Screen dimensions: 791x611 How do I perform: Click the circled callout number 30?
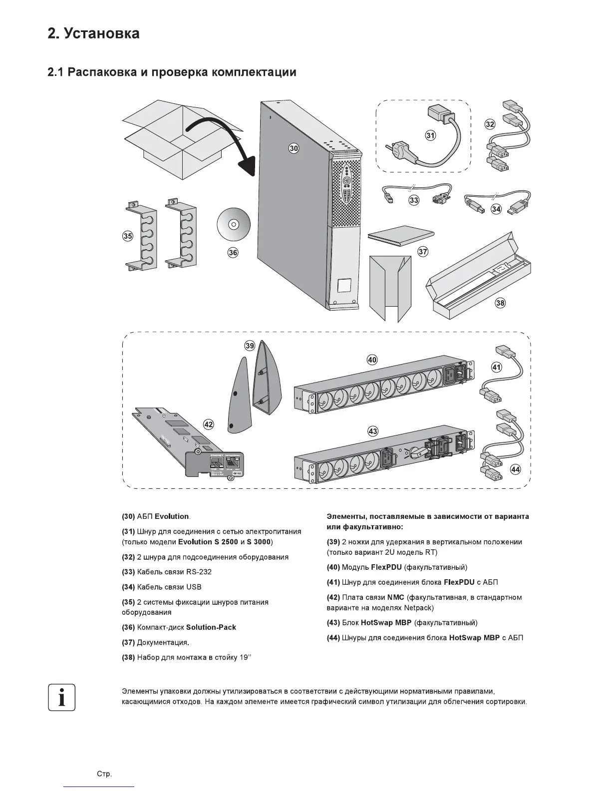click(x=294, y=148)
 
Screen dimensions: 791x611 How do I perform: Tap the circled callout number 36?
click(x=233, y=253)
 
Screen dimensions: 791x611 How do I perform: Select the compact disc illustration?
click(x=233, y=225)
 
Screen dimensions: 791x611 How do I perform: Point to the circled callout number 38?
click(x=500, y=303)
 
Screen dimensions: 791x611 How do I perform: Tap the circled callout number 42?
click(x=208, y=424)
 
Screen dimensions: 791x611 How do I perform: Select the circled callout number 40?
click(x=372, y=360)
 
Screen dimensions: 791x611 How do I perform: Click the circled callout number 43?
click(x=372, y=431)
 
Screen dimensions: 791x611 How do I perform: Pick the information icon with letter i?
click(x=62, y=697)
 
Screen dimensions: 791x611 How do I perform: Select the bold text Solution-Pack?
click(x=211, y=627)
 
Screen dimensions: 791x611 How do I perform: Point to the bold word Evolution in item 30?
click(x=172, y=516)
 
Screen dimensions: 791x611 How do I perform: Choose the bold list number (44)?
click(x=333, y=638)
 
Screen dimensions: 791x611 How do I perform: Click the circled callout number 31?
click(x=430, y=135)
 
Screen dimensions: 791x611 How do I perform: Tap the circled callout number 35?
click(x=128, y=236)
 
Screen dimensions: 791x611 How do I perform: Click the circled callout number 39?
click(x=250, y=345)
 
